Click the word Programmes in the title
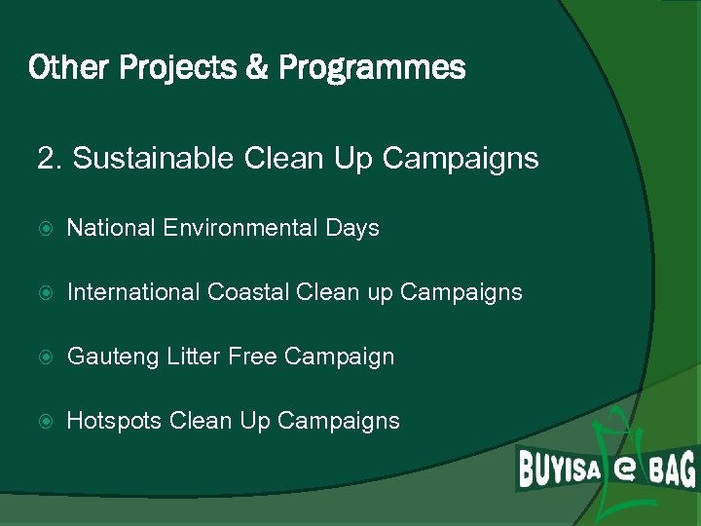[x=372, y=69]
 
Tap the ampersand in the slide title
[x=258, y=69]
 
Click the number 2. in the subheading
[x=50, y=158]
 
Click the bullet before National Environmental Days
[x=43, y=229]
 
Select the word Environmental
[x=240, y=228]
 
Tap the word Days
[x=351, y=228]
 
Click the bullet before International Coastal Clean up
[x=43, y=293]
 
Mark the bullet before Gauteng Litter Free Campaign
[x=43, y=357]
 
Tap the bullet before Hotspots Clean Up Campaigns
[x=43, y=422]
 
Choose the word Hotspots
[x=114, y=421]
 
